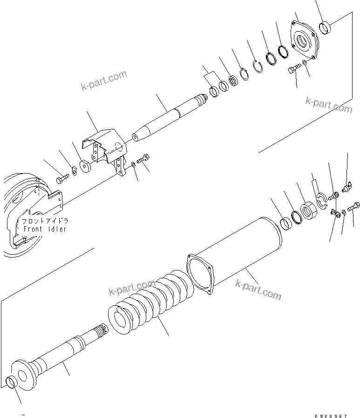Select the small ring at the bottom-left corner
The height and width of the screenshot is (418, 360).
[12, 383]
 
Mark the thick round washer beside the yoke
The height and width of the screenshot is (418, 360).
[86, 166]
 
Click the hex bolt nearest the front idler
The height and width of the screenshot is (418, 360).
[62, 178]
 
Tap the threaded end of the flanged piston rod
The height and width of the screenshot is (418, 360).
[102, 331]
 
